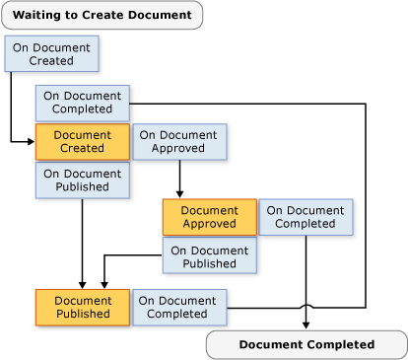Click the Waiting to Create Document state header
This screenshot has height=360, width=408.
tap(102, 15)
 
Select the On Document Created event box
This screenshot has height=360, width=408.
tap(51, 54)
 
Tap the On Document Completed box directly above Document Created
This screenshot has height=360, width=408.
tap(83, 102)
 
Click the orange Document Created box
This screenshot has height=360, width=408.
tap(82, 141)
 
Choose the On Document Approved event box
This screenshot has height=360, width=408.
tap(179, 141)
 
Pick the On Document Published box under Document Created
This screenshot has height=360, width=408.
tap(83, 180)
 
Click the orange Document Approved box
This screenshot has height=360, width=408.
tap(209, 217)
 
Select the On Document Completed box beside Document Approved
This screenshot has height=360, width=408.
tap(306, 217)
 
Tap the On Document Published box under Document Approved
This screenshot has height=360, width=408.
tap(210, 255)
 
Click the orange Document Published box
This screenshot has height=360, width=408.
tap(82, 307)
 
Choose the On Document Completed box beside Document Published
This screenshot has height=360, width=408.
tap(179, 307)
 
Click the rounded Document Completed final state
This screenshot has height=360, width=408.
tap(306, 344)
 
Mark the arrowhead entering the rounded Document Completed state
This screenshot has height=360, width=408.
tap(306, 326)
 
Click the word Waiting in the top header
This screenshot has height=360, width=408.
tap(42, 15)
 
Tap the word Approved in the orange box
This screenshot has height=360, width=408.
tap(209, 224)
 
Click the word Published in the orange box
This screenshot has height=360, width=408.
tap(82, 314)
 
